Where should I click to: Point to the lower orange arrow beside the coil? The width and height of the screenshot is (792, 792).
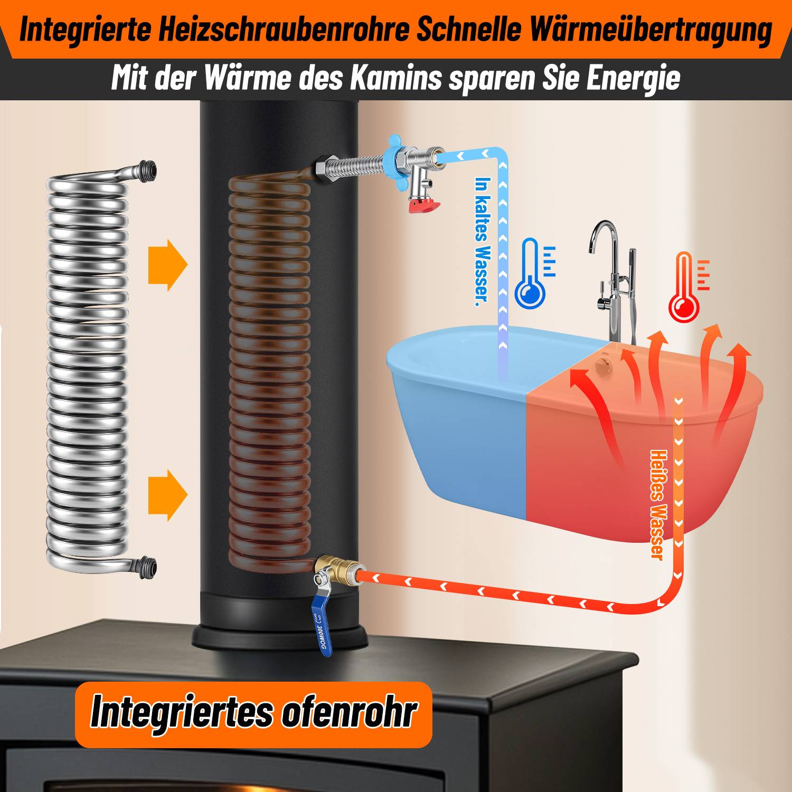[167, 495]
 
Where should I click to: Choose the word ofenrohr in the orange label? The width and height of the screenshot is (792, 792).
[348, 713]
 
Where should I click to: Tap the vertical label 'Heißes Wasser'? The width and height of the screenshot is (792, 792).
[656, 504]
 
